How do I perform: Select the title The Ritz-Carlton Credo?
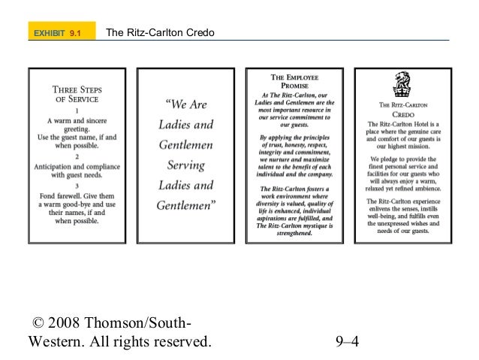161,34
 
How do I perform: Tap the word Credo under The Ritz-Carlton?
405,115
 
